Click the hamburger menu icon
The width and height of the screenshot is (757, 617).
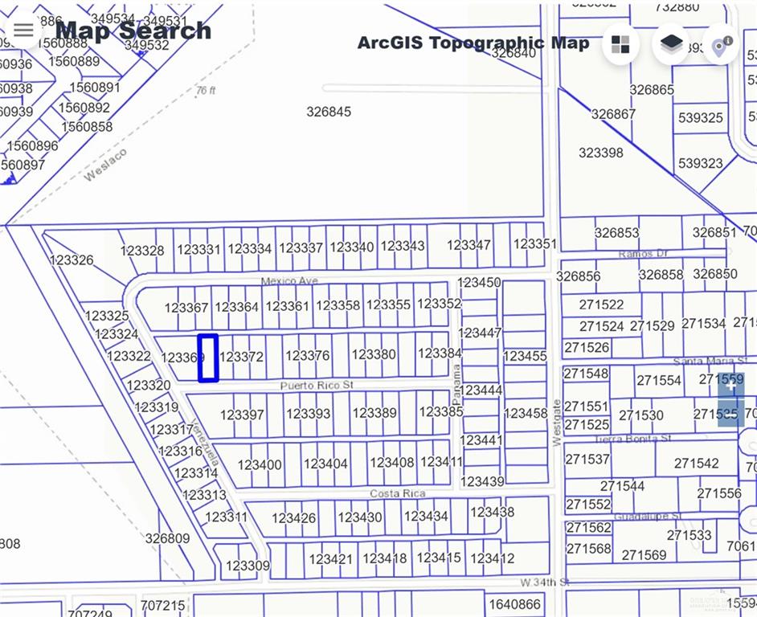tap(23, 31)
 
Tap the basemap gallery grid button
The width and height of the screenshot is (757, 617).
tap(620, 44)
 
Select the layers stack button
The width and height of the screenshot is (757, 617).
tap(671, 44)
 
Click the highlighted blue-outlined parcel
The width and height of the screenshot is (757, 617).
tap(208, 358)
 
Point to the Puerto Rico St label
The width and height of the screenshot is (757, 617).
tap(317, 386)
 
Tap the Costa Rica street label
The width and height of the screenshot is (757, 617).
tap(398, 493)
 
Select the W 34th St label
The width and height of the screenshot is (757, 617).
tap(544, 582)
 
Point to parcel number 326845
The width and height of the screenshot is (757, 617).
tap(329, 112)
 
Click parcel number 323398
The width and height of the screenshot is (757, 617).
tap(600, 153)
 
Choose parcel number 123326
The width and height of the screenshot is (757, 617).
tap(72, 260)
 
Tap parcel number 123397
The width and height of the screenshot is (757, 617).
tap(242, 415)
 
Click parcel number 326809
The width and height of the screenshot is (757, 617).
tap(167, 538)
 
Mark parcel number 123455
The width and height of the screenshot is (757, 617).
tap(525, 356)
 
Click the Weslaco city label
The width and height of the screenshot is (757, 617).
tap(106, 165)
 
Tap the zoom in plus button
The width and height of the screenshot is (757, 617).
tap(730, 386)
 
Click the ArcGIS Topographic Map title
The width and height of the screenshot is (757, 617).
tap(473, 43)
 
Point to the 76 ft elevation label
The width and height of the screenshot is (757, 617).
tap(207, 91)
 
